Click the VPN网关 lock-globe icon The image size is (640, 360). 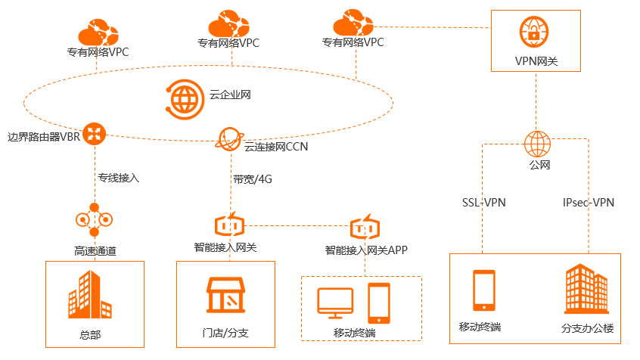pos(534,32)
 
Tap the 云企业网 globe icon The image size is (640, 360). pos(185,100)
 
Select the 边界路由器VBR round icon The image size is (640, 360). pos(95,134)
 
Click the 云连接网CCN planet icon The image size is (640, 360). pos(229,138)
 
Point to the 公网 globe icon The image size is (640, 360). pos(537,144)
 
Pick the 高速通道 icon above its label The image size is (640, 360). pos(95,219)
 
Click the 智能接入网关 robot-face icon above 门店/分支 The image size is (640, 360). pos(230,225)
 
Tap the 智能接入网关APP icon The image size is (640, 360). pos(365,227)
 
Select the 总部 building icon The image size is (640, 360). pos(90,294)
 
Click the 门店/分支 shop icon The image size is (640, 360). pos(225,295)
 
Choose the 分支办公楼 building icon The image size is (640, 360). pos(586,289)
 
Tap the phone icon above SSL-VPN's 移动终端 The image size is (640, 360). pos(484,290)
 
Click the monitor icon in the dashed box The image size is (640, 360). pos(335,303)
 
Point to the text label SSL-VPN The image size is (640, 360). pos(483,203)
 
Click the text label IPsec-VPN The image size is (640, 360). pos(588,203)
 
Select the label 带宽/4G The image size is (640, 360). pos(253,179)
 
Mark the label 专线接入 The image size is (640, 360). pos(119,178)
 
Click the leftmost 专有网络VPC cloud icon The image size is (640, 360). pos(98,32)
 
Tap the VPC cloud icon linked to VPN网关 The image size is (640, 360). pos(353,23)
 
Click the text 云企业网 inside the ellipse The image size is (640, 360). pos(230,95)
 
